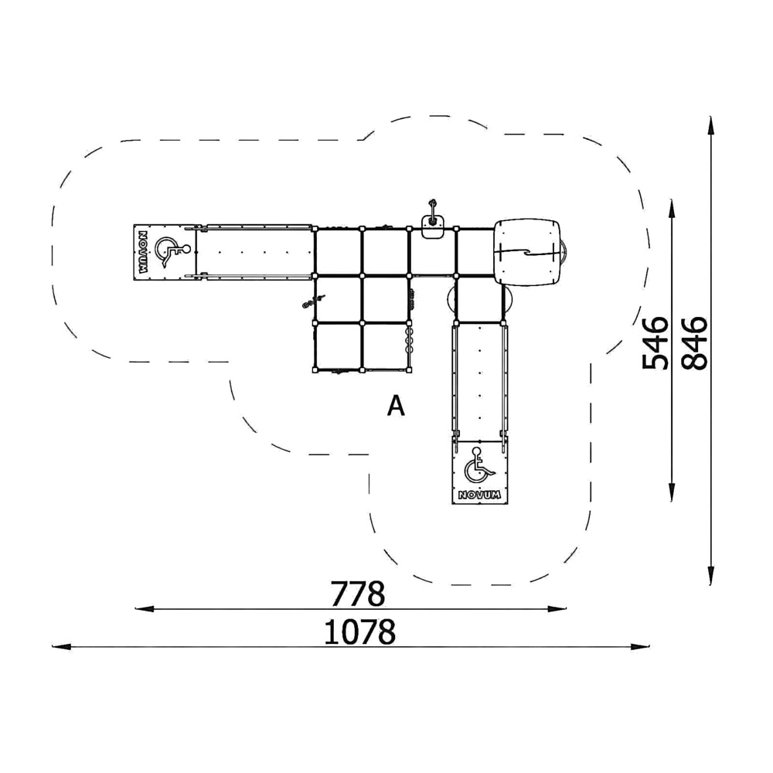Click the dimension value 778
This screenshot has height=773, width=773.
tap(357, 594)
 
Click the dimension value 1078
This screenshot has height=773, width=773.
tap(360, 632)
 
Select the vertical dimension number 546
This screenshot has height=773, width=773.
tap(656, 344)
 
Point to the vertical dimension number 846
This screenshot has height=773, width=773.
tap(694, 344)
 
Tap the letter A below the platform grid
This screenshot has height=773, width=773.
tap(396, 407)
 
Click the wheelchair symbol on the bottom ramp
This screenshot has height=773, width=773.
tap(478, 465)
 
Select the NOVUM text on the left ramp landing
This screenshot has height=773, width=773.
tap(142, 253)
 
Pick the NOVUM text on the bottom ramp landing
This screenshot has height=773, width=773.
tap(479, 495)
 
